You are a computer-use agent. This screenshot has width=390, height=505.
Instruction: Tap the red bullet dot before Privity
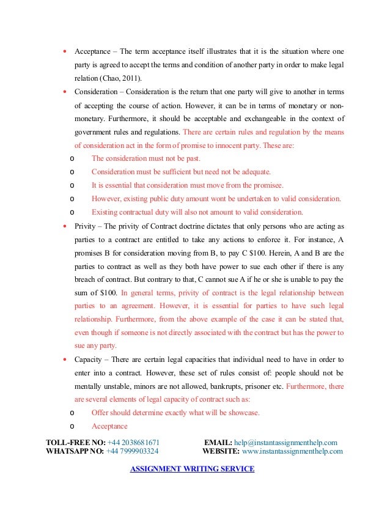pos(65,226)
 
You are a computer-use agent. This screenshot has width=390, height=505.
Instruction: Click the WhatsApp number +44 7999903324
pos(133,452)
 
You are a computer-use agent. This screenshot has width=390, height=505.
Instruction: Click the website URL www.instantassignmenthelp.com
pos(293,452)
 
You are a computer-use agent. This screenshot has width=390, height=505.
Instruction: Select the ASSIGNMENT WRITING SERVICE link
pos(193,469)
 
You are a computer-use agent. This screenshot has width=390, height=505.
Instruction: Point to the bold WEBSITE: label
pos(221,452)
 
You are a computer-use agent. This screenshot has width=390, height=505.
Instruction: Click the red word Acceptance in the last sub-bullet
pos(109,426)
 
